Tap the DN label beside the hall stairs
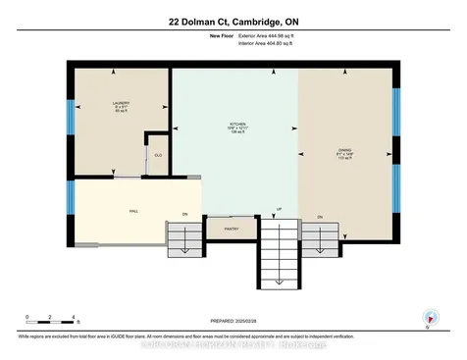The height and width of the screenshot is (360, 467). click(x=184, y=214)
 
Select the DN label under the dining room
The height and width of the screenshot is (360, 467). click(x=320, y=216)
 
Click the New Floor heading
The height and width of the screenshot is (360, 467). click(x=221, y=35)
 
